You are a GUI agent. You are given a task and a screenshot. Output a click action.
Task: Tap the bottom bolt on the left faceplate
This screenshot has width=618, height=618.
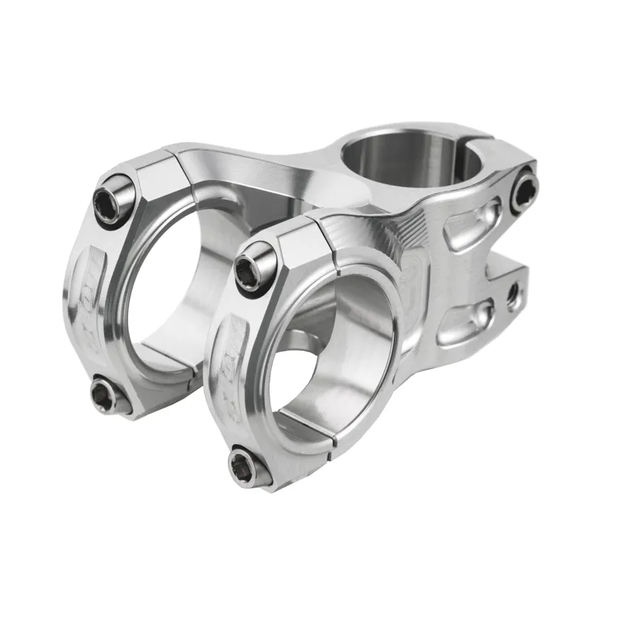tap(104, 395)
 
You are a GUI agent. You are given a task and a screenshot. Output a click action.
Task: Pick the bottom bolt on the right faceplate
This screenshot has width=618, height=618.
tap(247, 466)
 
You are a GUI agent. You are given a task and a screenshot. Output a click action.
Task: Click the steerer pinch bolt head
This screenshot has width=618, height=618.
tap(524, 190)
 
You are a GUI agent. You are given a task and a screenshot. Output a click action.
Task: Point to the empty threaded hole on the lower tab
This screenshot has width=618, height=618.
tap(511, 294)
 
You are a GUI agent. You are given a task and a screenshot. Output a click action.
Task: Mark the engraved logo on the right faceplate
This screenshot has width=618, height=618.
tap(232, 355)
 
